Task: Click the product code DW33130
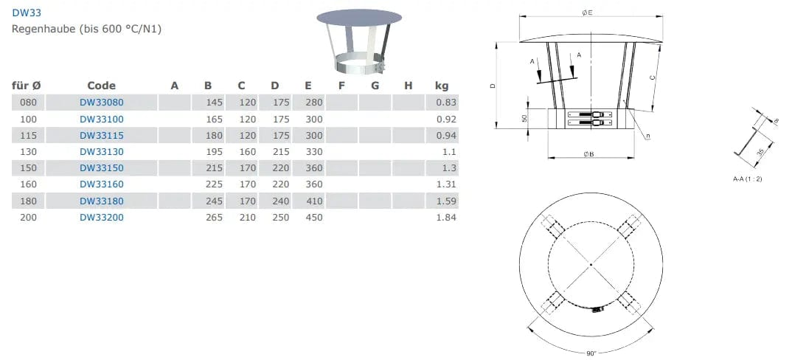coord(102,152)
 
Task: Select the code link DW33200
coord(102,218)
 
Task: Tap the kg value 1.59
coord(446,201)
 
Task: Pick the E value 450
coord(314,218)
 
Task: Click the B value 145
coord(214,103)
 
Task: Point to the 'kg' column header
coord(442,86)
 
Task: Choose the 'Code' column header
coord(101,86)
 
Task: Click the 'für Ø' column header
coord(27,86)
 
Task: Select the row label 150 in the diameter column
coord(28,168)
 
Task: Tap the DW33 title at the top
coord(27,13)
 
